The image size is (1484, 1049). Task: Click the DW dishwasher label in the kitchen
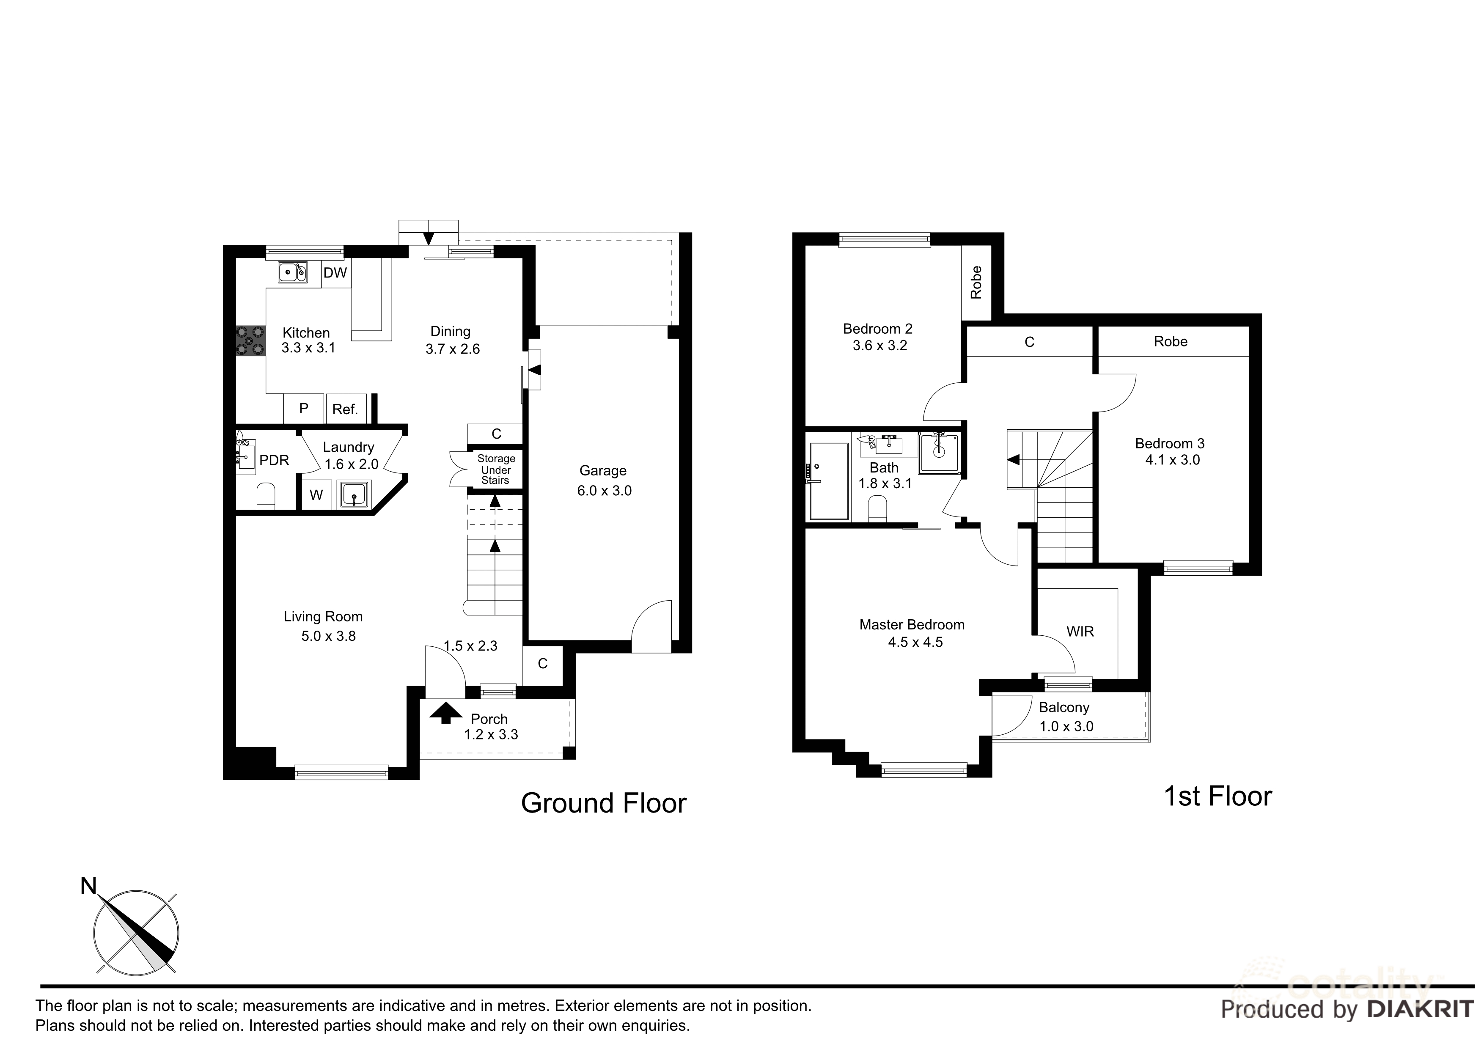(x=335, y=273)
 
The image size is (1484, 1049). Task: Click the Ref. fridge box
(x=346, y=409)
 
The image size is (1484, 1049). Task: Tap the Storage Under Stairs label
(x=496, y=469)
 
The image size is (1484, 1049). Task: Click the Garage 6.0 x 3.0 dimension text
(x=605, y=491)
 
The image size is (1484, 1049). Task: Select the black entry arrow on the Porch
(x=446, y=714)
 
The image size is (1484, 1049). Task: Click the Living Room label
(x=323, y=617)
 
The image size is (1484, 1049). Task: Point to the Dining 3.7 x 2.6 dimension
(x=453, y=349)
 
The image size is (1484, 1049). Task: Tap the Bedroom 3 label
(x=1170, y=443)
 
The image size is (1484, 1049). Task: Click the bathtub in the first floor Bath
(x=829, y=481)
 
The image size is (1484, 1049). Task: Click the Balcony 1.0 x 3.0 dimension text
(x=1066, y=727)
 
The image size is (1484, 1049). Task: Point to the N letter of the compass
(x=88, y=886)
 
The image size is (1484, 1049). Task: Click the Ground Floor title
(x=604, y=803)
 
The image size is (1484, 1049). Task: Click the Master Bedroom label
(x=912, y=625)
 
